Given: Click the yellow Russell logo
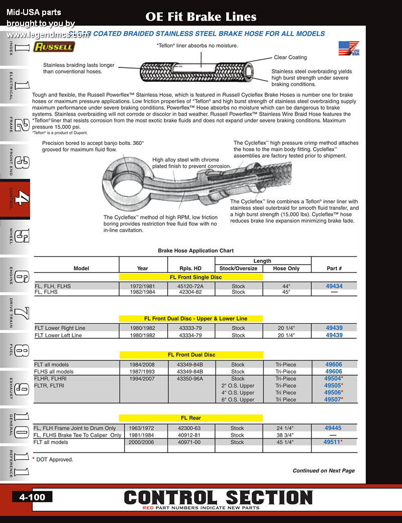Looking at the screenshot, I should click(54, 47).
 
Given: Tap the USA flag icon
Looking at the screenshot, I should click(349, 49).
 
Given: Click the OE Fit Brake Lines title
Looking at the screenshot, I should click(201, 17).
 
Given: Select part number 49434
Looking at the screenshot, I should click(334, 286).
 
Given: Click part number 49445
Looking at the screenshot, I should click(333, 428).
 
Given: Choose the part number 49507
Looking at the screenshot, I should click(332, 399).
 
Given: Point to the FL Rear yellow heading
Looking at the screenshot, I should click(191, 418).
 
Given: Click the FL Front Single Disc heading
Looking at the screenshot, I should click(191, 277).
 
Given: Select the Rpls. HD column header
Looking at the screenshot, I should click(190, 268).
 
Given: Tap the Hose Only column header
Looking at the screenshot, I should click(286, 268).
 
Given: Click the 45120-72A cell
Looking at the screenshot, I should click(190, 286).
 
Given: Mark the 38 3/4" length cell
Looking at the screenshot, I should click(286, 435).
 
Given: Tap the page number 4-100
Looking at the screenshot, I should click(32, 497).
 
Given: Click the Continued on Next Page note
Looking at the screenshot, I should click(324, 471).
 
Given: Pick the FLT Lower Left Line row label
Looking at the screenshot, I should click(58, 335).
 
